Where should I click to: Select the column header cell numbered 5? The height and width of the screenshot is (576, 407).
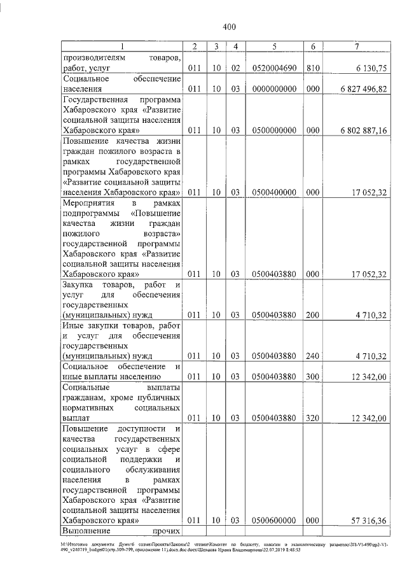tap(273, 46)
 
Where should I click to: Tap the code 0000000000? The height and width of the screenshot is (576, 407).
tap(273, 89)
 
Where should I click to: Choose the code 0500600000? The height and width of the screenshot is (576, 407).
tap(273, 520)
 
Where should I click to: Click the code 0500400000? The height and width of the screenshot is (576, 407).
tap(273, 193)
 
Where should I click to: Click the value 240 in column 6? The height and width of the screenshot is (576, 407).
tap(312, 356)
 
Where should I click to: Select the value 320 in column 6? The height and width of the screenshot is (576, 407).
tap(312, 418)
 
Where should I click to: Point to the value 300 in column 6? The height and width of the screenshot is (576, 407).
tap(312, 377)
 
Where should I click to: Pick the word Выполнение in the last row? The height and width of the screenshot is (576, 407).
tap(86, 530)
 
